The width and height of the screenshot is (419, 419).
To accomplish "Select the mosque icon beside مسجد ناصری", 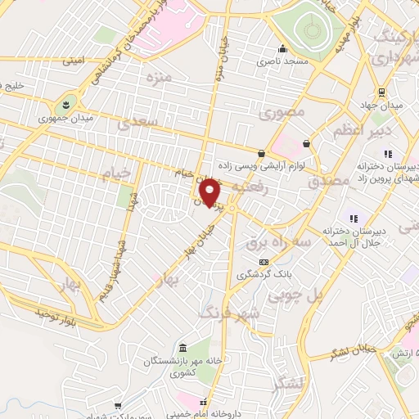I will click(x=282, y=48).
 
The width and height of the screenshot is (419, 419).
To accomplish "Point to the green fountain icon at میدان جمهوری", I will click(x=64, y=105).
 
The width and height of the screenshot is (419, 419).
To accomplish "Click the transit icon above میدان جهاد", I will click(x=381, y=92).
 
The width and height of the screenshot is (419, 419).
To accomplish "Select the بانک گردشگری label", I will click(x=263, y=275).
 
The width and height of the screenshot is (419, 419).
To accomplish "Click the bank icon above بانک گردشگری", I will click(x=263, y=262).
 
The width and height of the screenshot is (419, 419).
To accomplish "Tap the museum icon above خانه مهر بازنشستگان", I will click(x=181, y=347).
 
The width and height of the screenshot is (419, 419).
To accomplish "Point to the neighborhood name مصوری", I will click(x=286, y=112).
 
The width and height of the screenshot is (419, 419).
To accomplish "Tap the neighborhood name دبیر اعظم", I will click(x=364, y=132).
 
